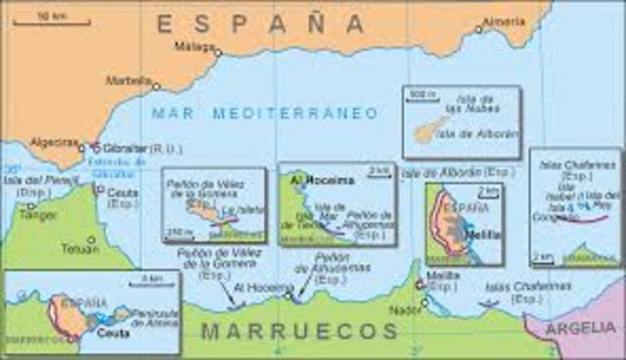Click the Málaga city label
[190, 45]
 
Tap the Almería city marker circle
[478, 29]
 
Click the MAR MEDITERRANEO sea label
[264, 113]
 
